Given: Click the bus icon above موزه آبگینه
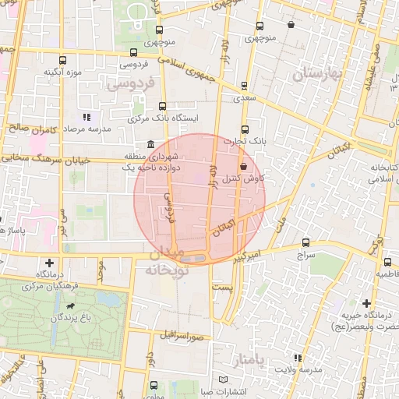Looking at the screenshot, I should pos(63,59).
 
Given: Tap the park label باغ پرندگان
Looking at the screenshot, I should pos(73,318).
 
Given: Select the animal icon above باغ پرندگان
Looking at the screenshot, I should pos(72,305).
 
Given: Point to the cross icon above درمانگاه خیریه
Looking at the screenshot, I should pos(366,303).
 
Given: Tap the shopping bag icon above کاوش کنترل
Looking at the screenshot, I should pos(244,166).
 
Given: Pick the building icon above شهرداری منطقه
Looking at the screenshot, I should pos(150,144).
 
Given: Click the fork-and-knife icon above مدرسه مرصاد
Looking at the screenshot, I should pos(87,116).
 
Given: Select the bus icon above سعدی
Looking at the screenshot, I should pos(245,87).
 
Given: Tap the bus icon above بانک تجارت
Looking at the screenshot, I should pos(245,129).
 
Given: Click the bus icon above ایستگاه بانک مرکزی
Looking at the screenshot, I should pos(162,106).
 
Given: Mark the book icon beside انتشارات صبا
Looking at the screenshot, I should pos(225,380).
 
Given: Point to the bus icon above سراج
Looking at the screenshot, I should pos(305,242).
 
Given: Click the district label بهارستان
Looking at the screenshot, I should pos(318,75).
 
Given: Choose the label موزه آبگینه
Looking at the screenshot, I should pos(63,72).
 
